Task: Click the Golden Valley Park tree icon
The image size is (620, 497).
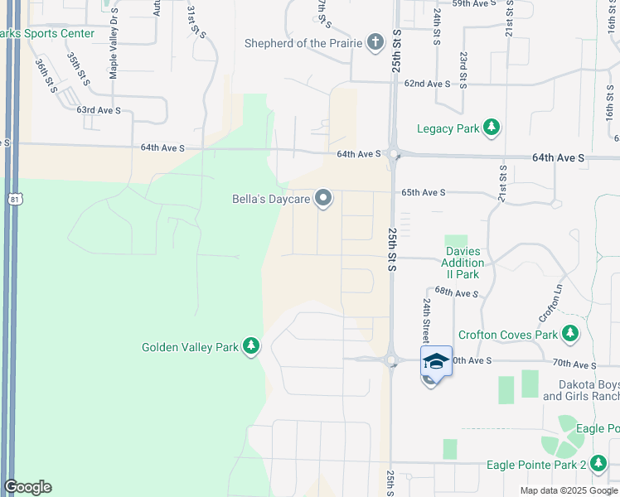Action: click(251, 347)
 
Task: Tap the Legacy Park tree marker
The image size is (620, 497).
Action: click(492, 128)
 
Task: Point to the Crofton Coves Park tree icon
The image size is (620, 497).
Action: click(569, 334)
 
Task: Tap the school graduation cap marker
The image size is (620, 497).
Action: click(436, 361)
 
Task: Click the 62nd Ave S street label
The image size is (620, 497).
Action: click(427, 84)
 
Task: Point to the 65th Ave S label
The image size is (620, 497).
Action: click(424, 192)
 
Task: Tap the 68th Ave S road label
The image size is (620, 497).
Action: click(456, 292)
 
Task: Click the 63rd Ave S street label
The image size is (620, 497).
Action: click(99, 109)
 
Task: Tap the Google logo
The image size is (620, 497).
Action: click(27, 487)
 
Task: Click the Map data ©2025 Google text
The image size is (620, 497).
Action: click(569, 490)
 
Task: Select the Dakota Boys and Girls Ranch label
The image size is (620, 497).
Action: click(581, 391)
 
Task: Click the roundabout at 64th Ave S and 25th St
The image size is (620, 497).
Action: click(393, 154)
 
